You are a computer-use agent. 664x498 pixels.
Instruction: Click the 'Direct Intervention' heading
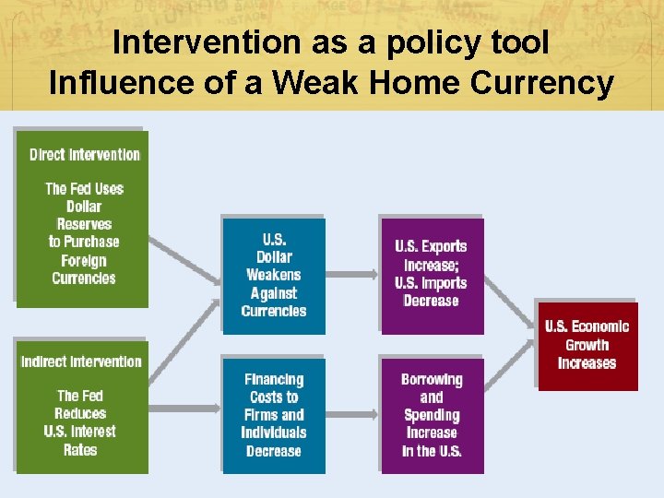84,155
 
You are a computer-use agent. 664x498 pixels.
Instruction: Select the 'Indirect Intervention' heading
81,362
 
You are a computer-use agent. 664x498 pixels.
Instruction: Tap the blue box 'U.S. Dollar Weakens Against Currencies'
274,275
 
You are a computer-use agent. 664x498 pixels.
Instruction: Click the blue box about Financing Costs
273,415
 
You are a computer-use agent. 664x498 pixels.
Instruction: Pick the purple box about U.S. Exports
431,274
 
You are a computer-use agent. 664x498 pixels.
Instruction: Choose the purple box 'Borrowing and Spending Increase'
432,415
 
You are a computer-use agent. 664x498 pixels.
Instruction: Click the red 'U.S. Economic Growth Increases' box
587,345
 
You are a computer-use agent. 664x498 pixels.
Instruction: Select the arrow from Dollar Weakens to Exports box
352,275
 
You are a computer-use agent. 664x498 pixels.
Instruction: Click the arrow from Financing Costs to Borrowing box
352,415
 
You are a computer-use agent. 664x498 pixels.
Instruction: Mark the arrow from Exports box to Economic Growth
509,300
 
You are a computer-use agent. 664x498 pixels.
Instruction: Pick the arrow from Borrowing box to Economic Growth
509,387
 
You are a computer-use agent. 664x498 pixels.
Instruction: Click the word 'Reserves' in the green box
84,224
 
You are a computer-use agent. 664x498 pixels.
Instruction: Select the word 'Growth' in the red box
587,345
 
